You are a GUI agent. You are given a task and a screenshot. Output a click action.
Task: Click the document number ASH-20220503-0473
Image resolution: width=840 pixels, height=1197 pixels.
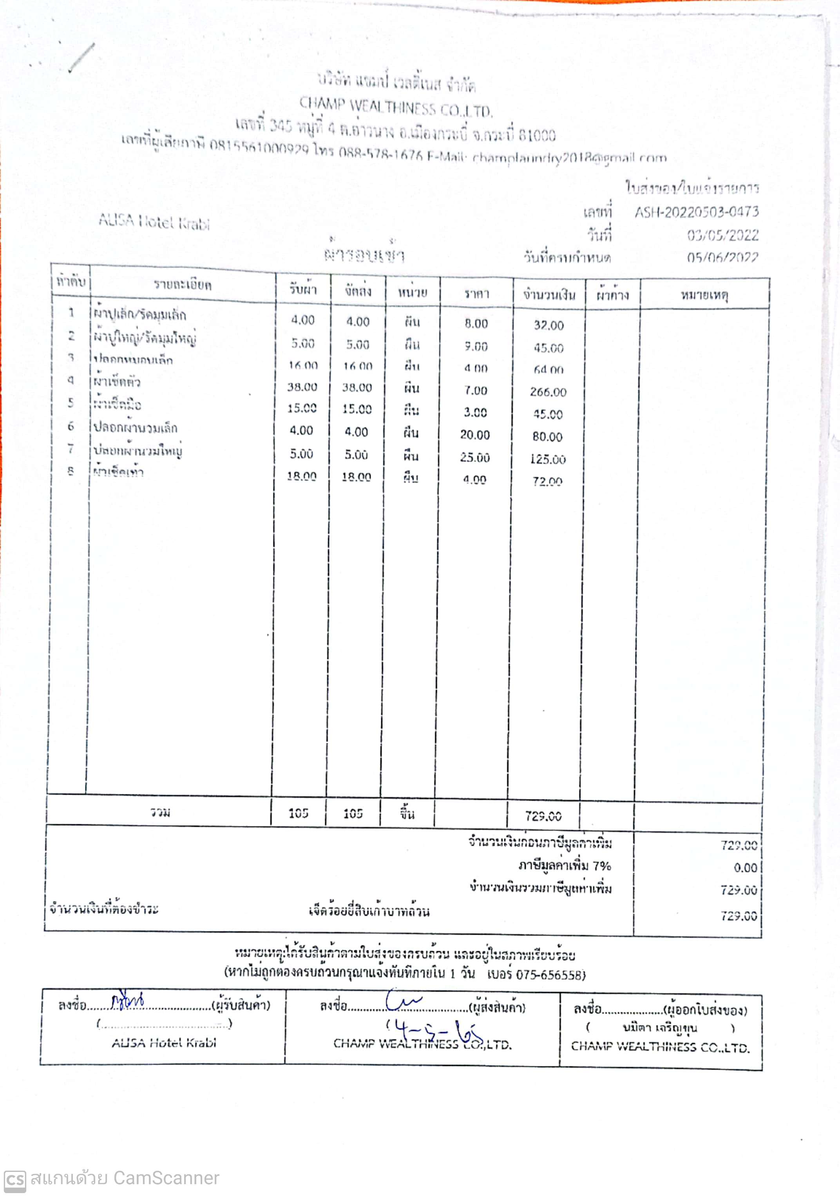[696, 212]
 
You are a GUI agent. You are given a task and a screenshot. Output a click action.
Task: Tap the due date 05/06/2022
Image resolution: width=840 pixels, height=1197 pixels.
[722, 257]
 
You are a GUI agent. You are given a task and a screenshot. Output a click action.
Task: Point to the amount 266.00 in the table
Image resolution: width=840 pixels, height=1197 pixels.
[548, 392]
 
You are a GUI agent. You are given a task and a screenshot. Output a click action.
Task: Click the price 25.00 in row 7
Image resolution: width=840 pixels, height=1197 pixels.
[475, 457]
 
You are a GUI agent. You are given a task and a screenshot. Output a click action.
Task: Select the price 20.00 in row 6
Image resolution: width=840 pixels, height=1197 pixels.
[475, 434]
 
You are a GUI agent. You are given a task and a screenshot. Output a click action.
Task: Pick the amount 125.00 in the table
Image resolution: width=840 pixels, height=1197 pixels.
[548, 459]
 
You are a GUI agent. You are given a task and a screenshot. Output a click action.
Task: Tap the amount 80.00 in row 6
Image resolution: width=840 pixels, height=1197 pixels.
[548, 436]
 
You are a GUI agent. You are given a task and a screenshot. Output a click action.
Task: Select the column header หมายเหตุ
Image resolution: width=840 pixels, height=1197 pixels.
[704, 295]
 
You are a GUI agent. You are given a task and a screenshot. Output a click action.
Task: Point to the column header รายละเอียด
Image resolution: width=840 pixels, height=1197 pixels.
[183, 285]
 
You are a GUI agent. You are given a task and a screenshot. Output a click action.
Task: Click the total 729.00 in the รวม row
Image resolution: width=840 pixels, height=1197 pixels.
[543, 816]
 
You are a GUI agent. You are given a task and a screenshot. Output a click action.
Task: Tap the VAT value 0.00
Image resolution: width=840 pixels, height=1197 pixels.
[745, 868]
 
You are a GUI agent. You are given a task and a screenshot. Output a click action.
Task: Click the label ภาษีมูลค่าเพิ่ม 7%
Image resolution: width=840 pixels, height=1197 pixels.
[564, 866]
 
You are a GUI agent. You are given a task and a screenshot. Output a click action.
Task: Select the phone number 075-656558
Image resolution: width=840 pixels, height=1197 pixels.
[550, 974]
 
